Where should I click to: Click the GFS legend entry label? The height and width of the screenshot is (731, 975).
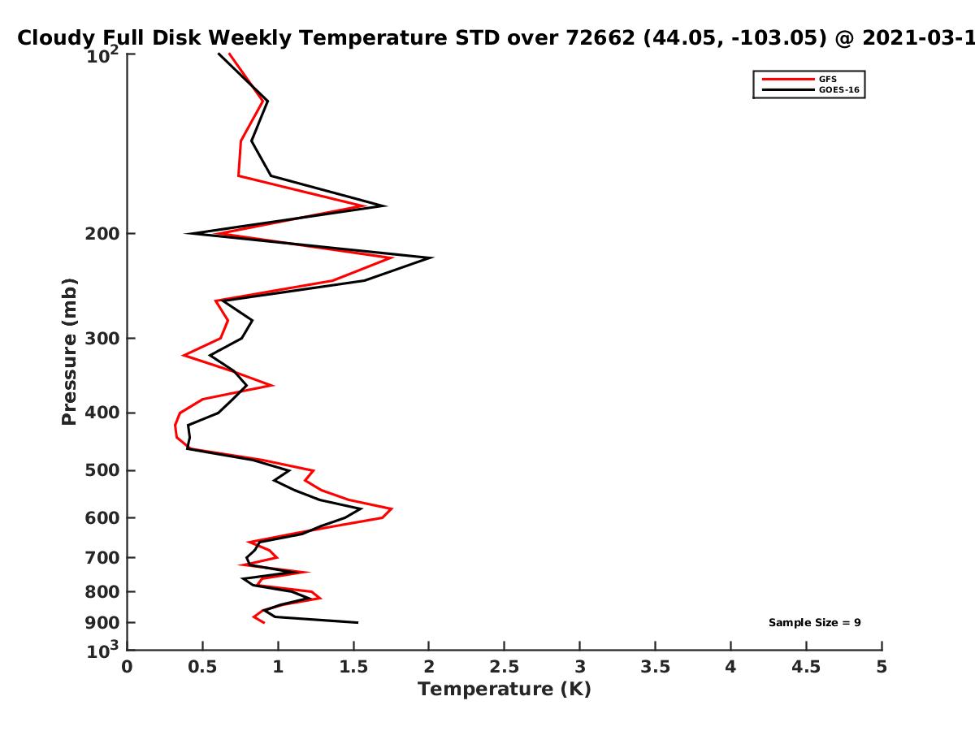tap(827, 79)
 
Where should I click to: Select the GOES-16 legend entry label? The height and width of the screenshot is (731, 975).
tap(839, 89)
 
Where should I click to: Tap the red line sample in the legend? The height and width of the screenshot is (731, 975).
tap(788, 79)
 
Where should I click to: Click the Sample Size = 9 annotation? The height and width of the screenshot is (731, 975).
tap(815, 622)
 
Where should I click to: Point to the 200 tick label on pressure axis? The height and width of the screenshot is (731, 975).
tap(102, 233)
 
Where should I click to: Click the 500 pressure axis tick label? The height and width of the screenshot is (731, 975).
tap(102, 470)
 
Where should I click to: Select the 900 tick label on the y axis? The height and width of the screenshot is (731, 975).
tap(102, 623)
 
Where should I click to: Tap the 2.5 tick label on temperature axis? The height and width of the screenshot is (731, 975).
tap(505, 667)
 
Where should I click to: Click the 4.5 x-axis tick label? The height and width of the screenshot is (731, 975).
tap(806, 667)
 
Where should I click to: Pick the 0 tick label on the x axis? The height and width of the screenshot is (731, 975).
tap(127, 667)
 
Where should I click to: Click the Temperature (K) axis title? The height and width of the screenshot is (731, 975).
tap(505, 689)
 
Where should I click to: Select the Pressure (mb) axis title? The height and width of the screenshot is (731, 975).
tap(69, 352)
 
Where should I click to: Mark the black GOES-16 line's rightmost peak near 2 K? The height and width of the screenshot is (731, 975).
tap(432, 257)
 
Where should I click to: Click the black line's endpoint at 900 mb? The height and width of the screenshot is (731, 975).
tap(357, 622)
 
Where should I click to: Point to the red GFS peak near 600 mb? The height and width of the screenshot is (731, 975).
tap(392, 508)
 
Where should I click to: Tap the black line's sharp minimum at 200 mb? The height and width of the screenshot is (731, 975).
tap(187, 233)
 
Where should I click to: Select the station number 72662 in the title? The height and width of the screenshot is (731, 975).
tap(600, 38)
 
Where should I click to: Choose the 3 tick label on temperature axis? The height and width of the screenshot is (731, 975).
tap(579, 667)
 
